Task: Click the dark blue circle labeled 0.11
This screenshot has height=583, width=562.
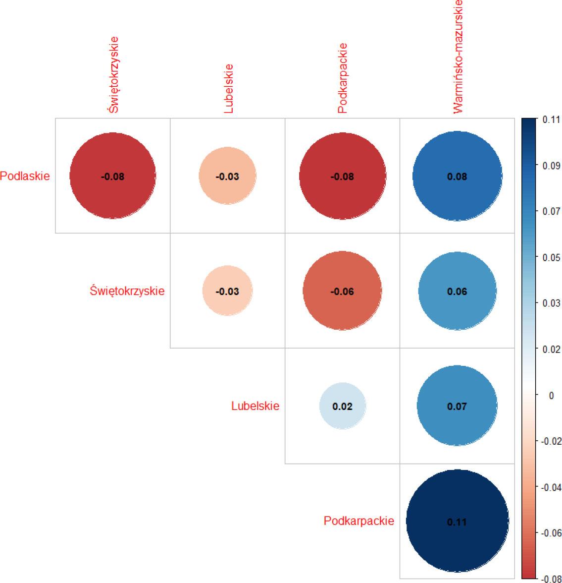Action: click(457, 521)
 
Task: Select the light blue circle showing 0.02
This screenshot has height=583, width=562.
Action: click(343, 406)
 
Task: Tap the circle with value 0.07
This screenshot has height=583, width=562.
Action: click(457, 406)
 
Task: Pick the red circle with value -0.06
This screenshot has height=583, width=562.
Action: click(342, 291)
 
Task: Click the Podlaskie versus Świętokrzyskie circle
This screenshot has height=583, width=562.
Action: click(113, 175)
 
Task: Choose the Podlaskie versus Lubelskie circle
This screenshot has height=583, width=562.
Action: click(227, 176)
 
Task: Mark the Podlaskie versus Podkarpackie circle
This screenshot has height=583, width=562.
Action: click(342, 175)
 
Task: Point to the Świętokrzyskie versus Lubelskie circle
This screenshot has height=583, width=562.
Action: click(227, 291)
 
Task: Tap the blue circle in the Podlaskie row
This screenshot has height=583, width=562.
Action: click(457, 176)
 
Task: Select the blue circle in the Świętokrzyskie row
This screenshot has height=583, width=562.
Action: click(457, 291)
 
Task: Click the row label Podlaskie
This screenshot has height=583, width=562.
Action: click(25, 176)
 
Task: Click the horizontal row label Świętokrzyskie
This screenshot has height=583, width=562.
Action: click(127, 291)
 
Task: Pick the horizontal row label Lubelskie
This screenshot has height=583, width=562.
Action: click(255, 406)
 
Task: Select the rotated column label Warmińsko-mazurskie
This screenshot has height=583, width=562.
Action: click(458, 57)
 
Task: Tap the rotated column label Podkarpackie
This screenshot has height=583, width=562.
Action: click(343, 78)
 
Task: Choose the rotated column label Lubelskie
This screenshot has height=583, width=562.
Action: click(228, 89)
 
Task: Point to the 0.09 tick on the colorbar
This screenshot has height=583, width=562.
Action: click(551, 166)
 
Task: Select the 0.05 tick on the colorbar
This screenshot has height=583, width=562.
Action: click(551, 257)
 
